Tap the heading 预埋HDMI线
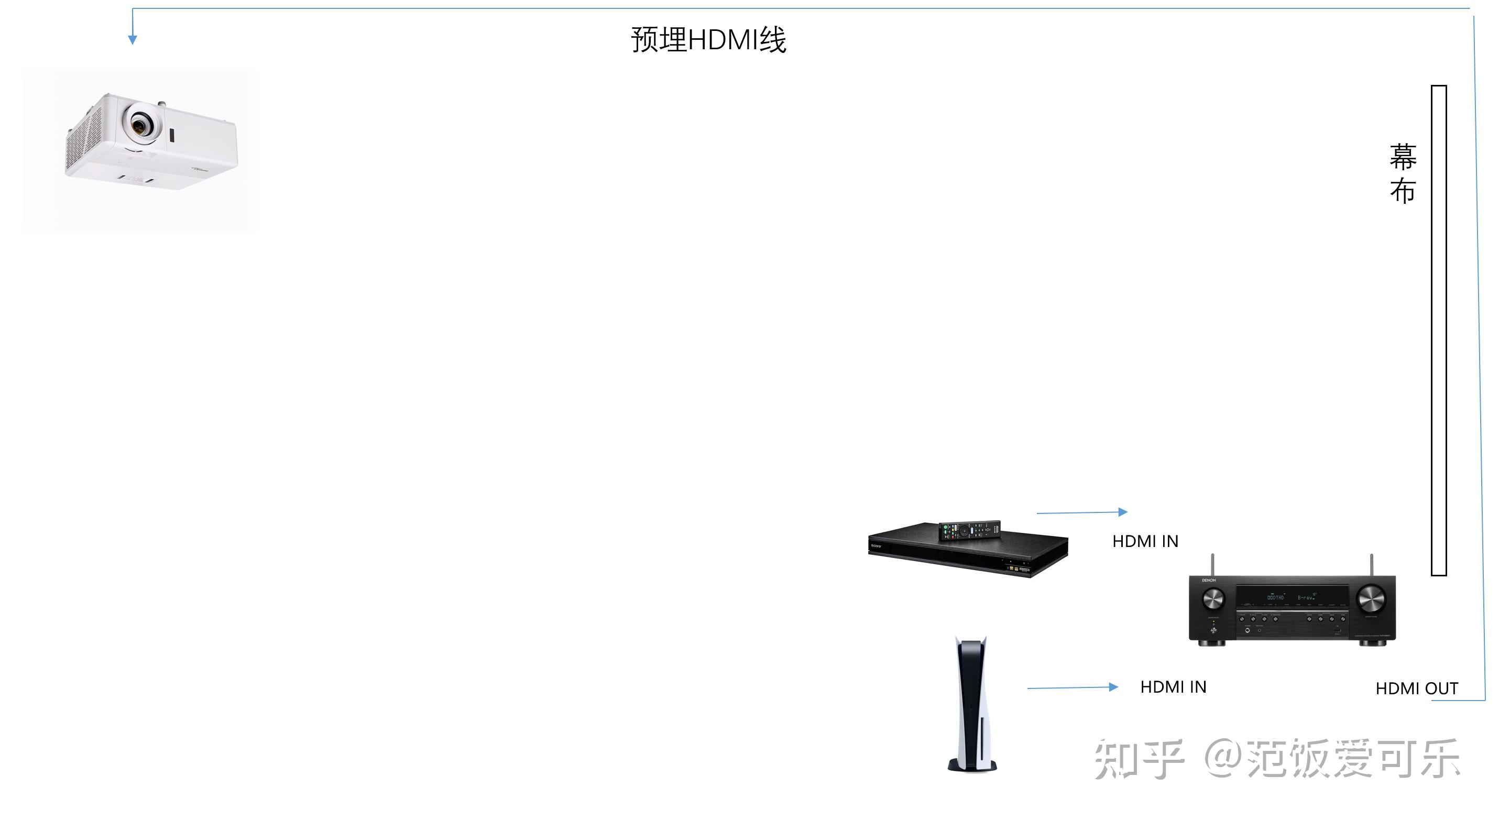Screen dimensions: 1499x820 (708, 40)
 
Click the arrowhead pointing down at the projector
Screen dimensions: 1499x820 (133, 40)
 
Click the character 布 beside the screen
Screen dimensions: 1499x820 (1403, 191)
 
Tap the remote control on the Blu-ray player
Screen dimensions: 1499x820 (969, 530)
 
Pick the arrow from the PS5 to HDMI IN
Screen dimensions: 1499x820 (1073, 687)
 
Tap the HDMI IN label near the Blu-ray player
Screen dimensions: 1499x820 (1145, 541)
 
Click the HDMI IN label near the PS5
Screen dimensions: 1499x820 (1173, 687)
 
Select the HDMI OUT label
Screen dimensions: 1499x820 (1416, 688)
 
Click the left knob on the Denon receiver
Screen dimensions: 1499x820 (1213, 598)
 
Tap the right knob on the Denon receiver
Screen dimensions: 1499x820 (1371, 598)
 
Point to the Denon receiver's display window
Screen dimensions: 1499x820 (1292, 597)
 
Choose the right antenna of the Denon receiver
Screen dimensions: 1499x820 (1372, 564)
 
